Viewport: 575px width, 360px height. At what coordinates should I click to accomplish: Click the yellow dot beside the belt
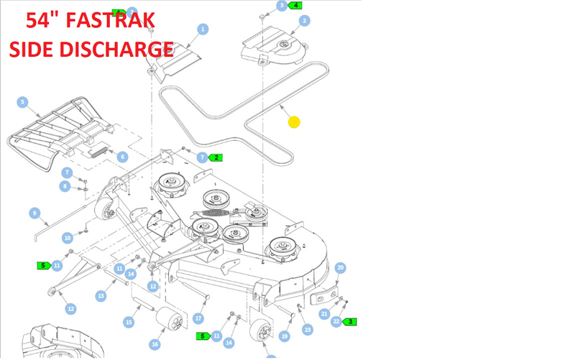coord(294,122)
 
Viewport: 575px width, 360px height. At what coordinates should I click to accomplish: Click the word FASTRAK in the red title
coord(110,21)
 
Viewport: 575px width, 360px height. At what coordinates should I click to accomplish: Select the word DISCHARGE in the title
coord(116,49)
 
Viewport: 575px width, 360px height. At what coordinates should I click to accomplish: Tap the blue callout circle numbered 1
coord(203,29)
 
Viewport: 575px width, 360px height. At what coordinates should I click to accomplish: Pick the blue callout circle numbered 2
coord(304,21)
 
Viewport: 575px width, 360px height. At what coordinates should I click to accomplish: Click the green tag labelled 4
coord(295,6)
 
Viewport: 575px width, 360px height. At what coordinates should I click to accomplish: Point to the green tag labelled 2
coord(215,157)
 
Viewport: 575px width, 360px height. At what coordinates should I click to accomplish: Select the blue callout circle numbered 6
coord(122,157)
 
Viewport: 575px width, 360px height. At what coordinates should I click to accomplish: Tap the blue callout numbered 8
coord(65,186)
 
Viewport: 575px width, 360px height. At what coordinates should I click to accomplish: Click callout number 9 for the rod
coord(34,213)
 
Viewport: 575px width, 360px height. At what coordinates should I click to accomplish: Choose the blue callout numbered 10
coord(68,238)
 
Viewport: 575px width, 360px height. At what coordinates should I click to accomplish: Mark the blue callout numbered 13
coord(101,296)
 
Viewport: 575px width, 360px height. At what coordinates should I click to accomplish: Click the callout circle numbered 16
coord(155,344)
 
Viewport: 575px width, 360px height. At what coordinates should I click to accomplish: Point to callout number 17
coord(198,318)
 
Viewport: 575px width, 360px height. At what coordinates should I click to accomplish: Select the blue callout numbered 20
coord(340,267)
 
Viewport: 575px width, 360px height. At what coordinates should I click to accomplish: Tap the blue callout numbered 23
coord(308,330)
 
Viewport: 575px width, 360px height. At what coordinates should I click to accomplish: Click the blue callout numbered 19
coord(284,336)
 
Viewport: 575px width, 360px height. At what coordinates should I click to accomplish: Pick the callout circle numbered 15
coord(129,322)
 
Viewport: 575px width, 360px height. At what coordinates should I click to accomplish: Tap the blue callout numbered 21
coord(324,314)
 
